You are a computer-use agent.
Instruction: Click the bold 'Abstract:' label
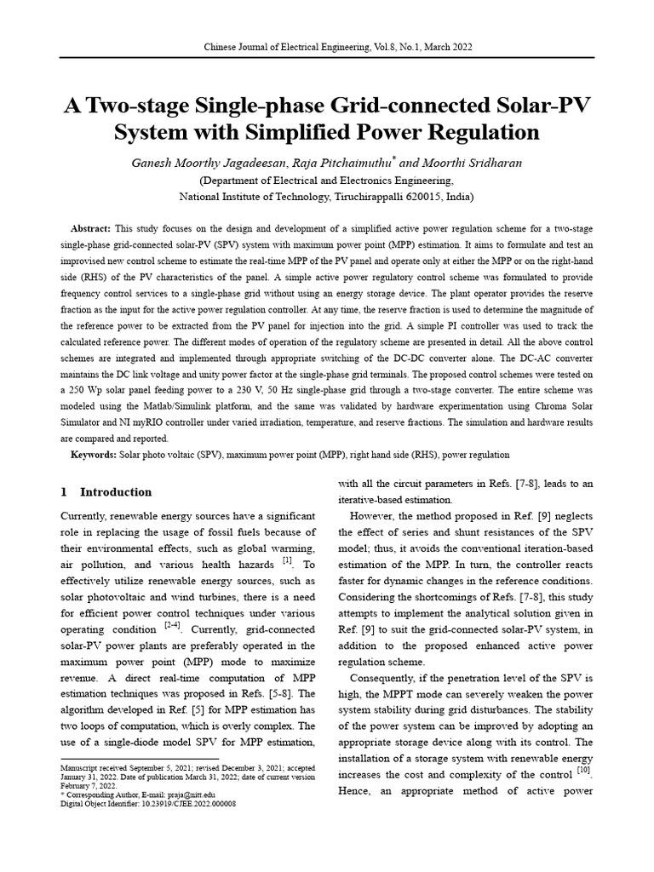pos(90,230)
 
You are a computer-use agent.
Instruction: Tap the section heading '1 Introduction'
pos(106,492)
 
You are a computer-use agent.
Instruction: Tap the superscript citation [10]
pos(584,770)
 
